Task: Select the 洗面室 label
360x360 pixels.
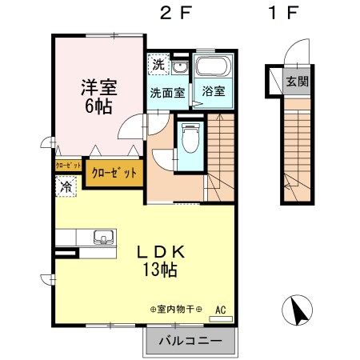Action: click(x=167, y=92)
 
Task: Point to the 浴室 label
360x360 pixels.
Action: click(x=213, y=92)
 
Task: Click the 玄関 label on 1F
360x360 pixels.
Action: click(x=297, y=82)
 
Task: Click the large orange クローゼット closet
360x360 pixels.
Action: click(x=114, y=172)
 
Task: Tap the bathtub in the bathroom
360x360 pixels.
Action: click(x=214, y=67)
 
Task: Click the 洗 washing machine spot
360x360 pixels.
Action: click(x=158, y=64)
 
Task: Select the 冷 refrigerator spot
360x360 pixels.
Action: click(x=64, y=186)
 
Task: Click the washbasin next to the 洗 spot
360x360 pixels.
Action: click(x=179, y=67)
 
